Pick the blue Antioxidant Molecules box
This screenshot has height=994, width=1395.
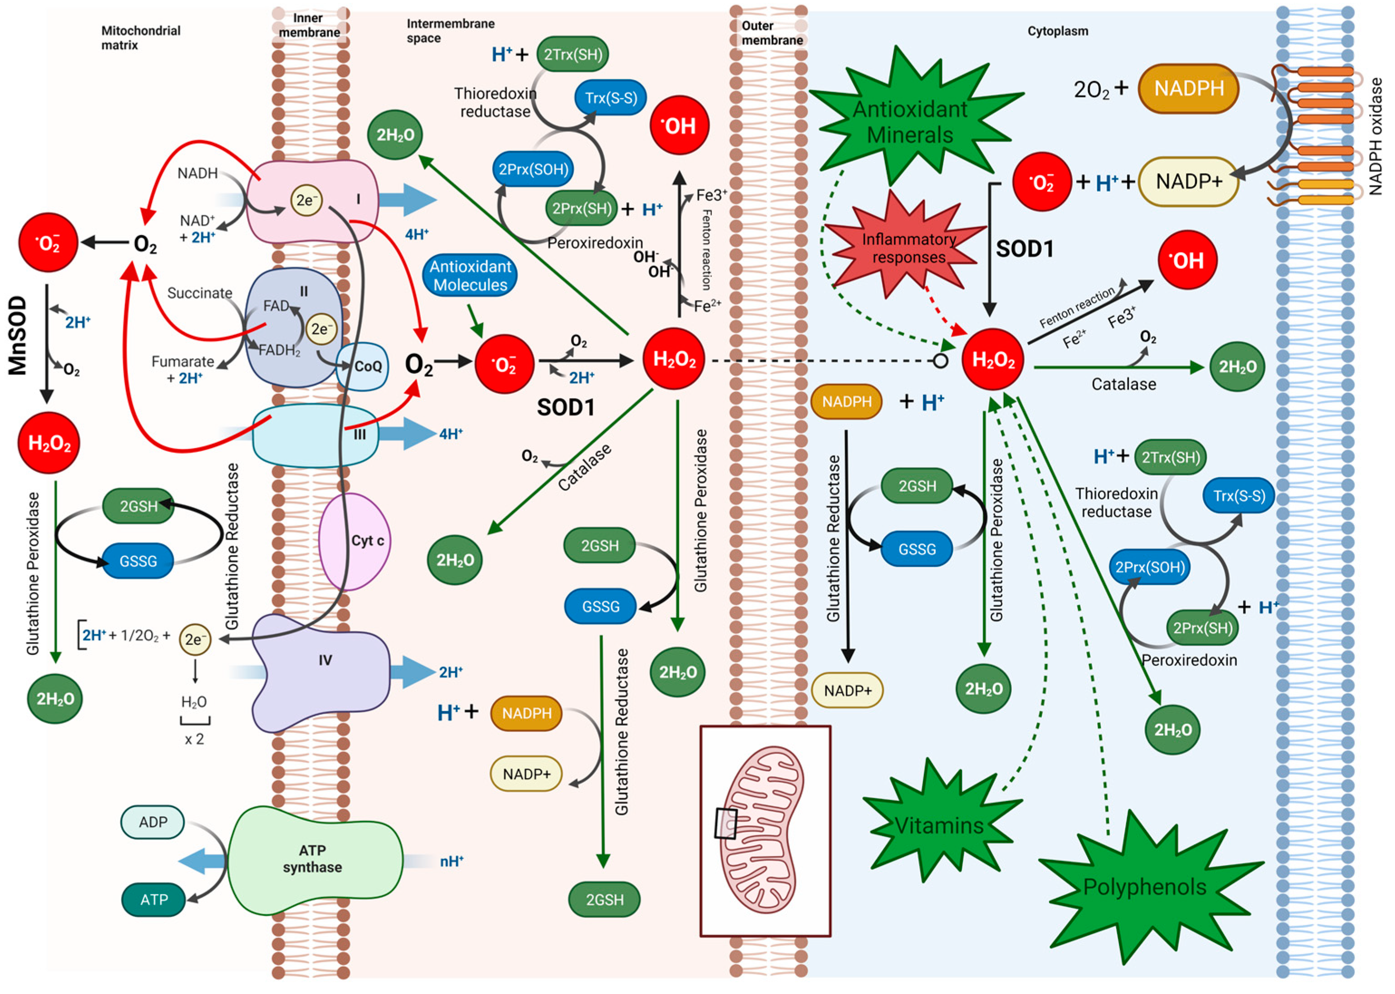click(x=470, y=276)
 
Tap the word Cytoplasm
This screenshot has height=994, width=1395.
click(x=1058, y=31)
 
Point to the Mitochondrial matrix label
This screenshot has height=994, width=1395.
click(x=141, y=37)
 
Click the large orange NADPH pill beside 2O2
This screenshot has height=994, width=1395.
click(x=1189, y=89)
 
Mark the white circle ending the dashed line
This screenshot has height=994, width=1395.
click(x=941, y=361)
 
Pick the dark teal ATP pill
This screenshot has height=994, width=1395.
click(x=154, y=900)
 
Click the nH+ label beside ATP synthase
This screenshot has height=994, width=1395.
click(x=452, y=861)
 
